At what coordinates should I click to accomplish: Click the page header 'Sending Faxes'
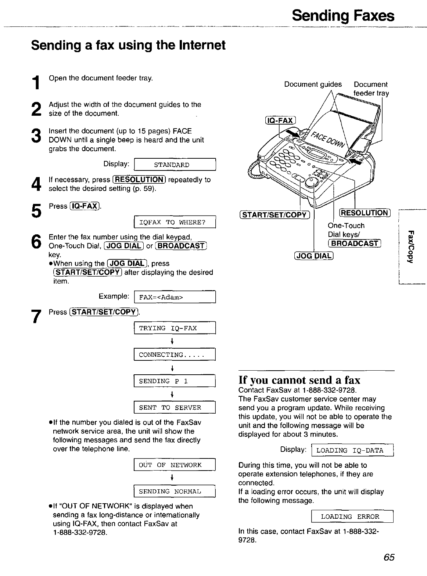click(x=343, y=17)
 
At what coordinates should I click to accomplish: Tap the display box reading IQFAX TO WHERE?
click(x=175, y=223)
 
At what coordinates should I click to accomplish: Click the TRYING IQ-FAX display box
click(x=175, y=328)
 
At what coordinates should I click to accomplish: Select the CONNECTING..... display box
click(x=175, y=354)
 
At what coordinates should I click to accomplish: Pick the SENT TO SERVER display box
click(x=175, y=408)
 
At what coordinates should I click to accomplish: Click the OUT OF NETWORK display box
click(x=175, y=465)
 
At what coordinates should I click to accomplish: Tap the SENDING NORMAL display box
click(x=175, y=492)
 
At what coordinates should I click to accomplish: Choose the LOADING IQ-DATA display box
click(x=352, y=450)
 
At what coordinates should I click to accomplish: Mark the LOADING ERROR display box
click(x=352, y=516)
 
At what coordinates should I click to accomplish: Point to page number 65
click(x=388, y=558)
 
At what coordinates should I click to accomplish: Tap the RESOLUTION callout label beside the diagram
click(x=364, y=213)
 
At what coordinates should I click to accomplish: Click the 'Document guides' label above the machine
click(x=313, y=84)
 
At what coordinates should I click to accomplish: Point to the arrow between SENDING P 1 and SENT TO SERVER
click(x=172, y=395)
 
